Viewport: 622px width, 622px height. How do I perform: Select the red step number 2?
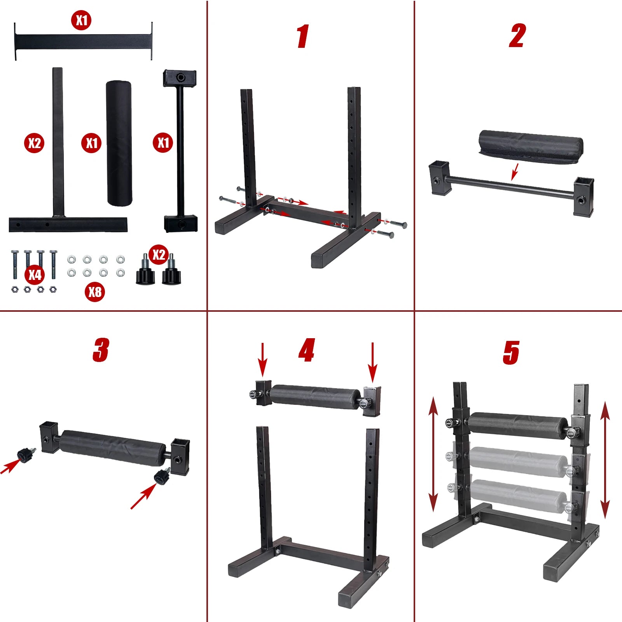(517, 36)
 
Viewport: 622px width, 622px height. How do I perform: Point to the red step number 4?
(307, 350)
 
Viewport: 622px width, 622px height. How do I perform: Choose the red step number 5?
(511, 353)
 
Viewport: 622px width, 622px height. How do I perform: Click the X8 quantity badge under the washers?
(95, 292)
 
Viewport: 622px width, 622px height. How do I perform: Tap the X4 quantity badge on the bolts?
(35, 274)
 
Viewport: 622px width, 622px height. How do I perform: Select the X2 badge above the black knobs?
(159, 255)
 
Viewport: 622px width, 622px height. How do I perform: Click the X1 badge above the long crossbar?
(81, 20)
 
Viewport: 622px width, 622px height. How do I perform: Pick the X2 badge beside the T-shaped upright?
(34, 143)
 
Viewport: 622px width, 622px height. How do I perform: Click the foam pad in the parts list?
(119, 143)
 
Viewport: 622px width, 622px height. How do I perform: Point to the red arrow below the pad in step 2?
(515, 172)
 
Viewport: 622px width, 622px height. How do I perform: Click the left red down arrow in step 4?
(263, 360)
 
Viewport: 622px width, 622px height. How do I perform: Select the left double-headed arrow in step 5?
(433, 454)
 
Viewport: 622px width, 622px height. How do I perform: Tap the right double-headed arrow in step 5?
(605, 461)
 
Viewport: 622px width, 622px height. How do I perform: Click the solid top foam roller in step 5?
(518, 425)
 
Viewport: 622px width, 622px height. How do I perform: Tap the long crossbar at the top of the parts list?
(83, 42)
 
